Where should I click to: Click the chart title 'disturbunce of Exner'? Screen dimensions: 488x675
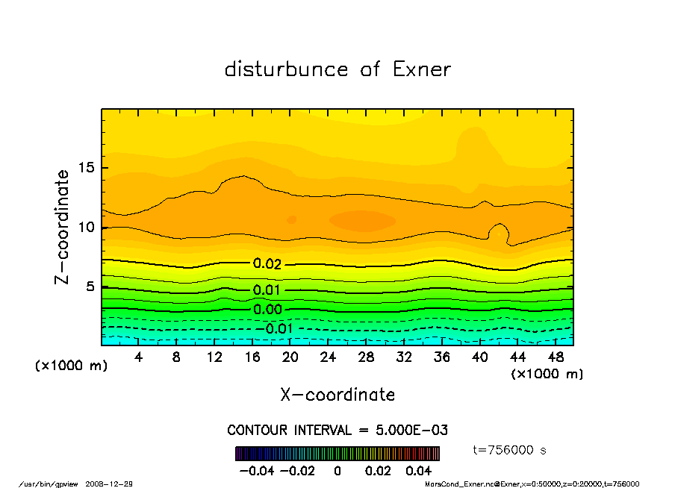337,69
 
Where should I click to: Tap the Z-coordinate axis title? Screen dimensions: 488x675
63,226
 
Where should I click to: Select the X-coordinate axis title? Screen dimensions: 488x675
337,395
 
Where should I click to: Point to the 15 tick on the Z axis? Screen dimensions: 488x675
88,168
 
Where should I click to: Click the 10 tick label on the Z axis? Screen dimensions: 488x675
88,227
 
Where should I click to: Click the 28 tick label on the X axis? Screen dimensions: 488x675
366,357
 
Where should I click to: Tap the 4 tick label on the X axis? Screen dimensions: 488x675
139,357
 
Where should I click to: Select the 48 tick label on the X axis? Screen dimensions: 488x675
556,357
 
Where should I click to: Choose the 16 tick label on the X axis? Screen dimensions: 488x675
252,357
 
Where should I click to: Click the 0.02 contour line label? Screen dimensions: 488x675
267,263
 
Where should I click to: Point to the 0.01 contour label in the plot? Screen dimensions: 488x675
267,290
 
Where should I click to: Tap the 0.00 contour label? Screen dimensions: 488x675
267,309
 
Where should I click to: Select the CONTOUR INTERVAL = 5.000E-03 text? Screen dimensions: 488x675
337,431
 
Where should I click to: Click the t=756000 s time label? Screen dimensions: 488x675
510,450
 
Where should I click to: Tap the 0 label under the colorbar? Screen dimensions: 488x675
337,471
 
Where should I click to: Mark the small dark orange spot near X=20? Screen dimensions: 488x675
292,219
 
